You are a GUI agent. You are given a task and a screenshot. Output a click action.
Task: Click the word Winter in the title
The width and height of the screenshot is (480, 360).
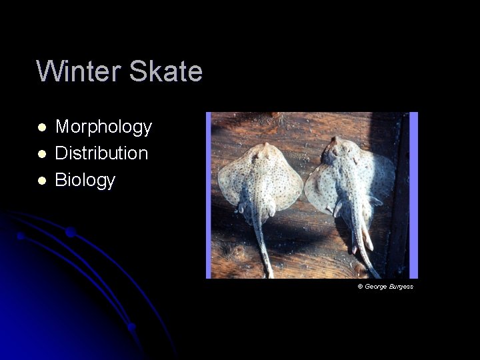pos(77,71)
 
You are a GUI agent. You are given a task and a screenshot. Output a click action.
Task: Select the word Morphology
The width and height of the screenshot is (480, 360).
pos(103,126)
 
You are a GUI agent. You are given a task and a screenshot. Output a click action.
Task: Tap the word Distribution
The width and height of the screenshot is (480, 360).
pos(101,153)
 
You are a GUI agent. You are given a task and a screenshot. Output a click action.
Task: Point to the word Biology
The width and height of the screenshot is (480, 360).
pos(85,180)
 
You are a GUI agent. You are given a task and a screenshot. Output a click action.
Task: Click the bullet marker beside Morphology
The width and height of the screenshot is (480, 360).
pos(41,127)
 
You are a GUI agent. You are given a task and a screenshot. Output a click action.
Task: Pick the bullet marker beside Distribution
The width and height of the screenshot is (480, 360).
pos(41,153)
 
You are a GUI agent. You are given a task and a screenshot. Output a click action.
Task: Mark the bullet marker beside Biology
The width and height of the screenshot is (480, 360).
pos(41,180)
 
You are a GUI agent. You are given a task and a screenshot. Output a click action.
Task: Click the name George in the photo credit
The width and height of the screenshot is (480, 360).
pos(377,287)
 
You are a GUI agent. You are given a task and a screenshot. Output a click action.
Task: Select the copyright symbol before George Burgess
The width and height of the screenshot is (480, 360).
pos(360,287)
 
